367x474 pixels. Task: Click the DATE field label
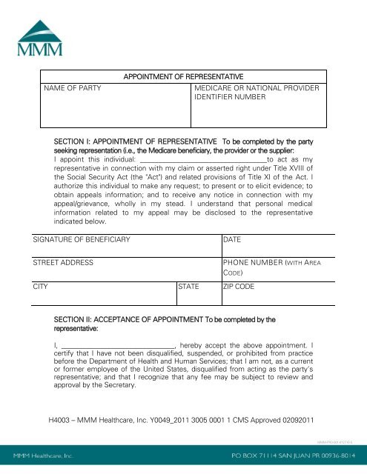(233, 240)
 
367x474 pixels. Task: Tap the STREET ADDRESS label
(66, 263)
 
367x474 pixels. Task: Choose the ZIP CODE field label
(239, 285)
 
